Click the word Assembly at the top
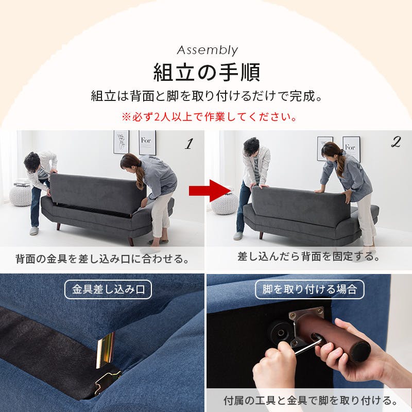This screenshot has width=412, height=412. [207, 50]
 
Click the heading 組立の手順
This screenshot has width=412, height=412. [207, 72]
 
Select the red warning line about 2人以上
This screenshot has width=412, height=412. [209, 117]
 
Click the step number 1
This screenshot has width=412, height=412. [188, 144]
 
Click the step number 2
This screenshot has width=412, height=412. [396, 143]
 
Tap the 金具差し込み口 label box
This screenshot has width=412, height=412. [108, 290]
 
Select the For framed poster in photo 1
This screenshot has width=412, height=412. [147, 143]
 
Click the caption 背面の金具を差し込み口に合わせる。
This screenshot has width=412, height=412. [102, 258]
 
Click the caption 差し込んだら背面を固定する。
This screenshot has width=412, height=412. [309, 256]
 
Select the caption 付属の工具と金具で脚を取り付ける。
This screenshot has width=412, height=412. [310, 400]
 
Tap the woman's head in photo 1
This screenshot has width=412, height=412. [131, 164]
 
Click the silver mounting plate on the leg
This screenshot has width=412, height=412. [308, 322]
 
